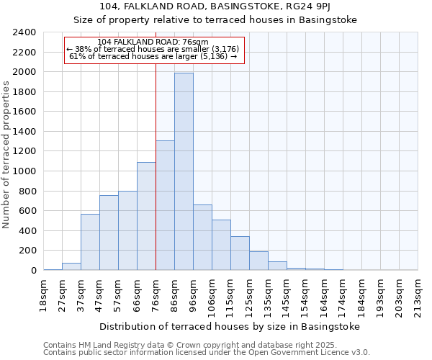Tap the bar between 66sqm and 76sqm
[146, 216]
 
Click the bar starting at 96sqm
[202, 237]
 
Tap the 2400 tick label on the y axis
[24, 32]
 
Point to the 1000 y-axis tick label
[24, 171]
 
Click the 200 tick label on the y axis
[27, 251]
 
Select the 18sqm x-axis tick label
[43, 294]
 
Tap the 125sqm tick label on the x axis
[249, 297]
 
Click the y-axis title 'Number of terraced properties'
[6, 155]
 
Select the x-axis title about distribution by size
[229, 326]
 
